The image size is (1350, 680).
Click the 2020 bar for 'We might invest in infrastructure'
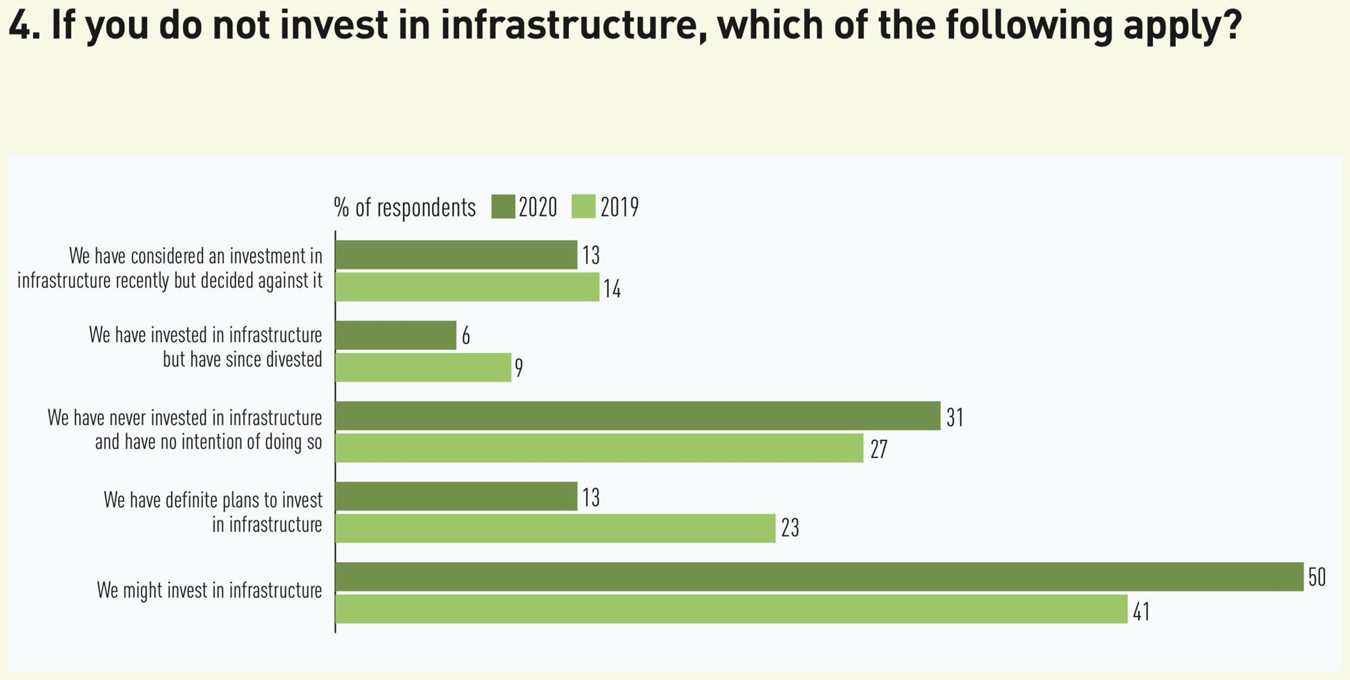pyautogui.click(x=819, y=577)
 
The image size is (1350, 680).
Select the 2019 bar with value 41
pyautogui.click(x=731, y=608)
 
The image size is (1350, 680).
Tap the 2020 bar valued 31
pyautogui.click(x=637, y=416)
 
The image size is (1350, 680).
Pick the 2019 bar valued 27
pyautogui.click(x=599, y=448)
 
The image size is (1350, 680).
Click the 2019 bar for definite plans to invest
pyautogui.click(x=555, y=528)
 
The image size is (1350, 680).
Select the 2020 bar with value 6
pyautogui.click(x=396, y=335)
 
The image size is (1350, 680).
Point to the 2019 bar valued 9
pyautogui.click(x=423, y=368)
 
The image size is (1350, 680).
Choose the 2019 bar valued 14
pyautogui.click(x=467, y=287)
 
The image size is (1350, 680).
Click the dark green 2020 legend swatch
pyautogui.click(x=504, y=207)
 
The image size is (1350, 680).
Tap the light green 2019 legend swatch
pyautogui.click(x=584, y=207)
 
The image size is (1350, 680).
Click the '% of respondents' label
pyautogui.click(x=404, y=208)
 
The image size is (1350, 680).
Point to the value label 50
pyautogui.click(x=1316, y=577)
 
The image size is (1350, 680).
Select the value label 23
pyautogui.click(x=790, y=528)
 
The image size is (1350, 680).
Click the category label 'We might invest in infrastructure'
pyautogui.click(x=209, y=591)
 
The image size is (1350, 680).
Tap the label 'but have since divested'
pyautogui.click(x=242, y=360)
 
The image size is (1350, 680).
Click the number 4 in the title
pyautogui.click(x=20, y=26)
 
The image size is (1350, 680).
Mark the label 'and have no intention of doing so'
pyautogui.click(x=208, y=443)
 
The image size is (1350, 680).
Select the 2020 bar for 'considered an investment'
pyautogui.click(x=456, y=255)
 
